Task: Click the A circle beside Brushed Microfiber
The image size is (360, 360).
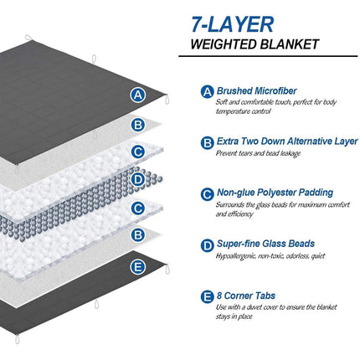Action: point(207,92)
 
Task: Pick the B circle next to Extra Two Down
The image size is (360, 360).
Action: point(207,142)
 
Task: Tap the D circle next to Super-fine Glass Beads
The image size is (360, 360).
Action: point(207,244)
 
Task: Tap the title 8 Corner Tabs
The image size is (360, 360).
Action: point(243,294)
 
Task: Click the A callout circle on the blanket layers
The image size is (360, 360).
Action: point(139,95)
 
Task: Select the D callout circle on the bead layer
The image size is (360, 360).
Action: point(139,178)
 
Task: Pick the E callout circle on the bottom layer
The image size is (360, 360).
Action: point(139,267)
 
